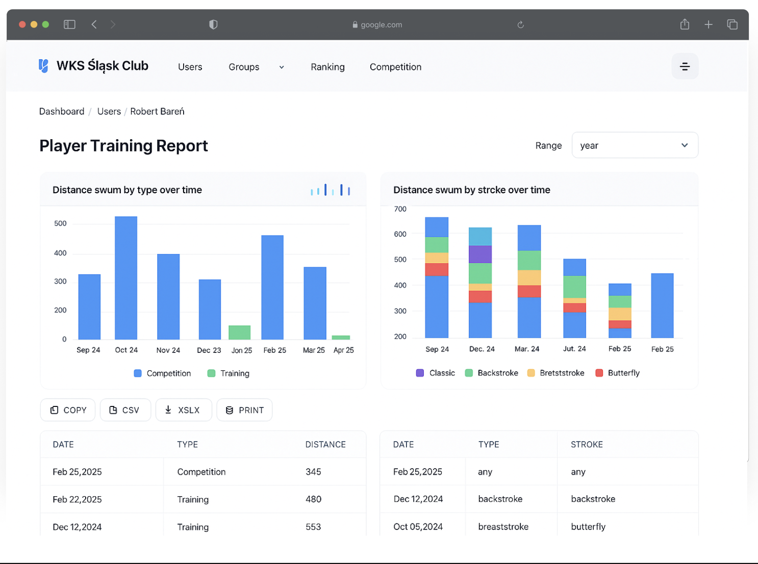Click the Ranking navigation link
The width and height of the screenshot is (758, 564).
click(x=327, y=67)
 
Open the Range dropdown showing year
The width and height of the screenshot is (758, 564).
click(x=635, y=145)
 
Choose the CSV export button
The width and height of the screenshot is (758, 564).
click(x=125, y=410)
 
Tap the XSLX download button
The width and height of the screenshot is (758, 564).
click(x=183, y=410)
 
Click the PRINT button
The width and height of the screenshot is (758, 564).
click(x=244, y=410)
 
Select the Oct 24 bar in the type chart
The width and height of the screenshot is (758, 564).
click(x=126, y=278)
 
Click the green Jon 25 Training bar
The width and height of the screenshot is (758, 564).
click(x=240, y=332)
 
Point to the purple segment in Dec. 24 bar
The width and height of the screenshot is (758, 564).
click(x=480, y=254)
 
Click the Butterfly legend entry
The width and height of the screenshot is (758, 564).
click(x=617, y=373)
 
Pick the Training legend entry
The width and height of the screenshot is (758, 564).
click(x=229, y=373)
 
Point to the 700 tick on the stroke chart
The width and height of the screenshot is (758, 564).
click(x=400, y=209)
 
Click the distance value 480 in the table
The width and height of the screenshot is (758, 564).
click(x=313, y=499)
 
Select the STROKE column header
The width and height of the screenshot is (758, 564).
click(x=587, y=445)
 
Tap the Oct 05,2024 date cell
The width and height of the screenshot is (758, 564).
click(x=418, y=527)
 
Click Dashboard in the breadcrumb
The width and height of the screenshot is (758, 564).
click(x=62, y=111)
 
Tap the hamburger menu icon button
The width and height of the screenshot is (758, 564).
click(x=685, y=66)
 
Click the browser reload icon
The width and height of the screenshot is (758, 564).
click(x=520, y=24)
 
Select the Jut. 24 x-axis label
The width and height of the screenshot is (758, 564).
click(x=574, y=349)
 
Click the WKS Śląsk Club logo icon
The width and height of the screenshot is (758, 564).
click(x=43, y=66)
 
